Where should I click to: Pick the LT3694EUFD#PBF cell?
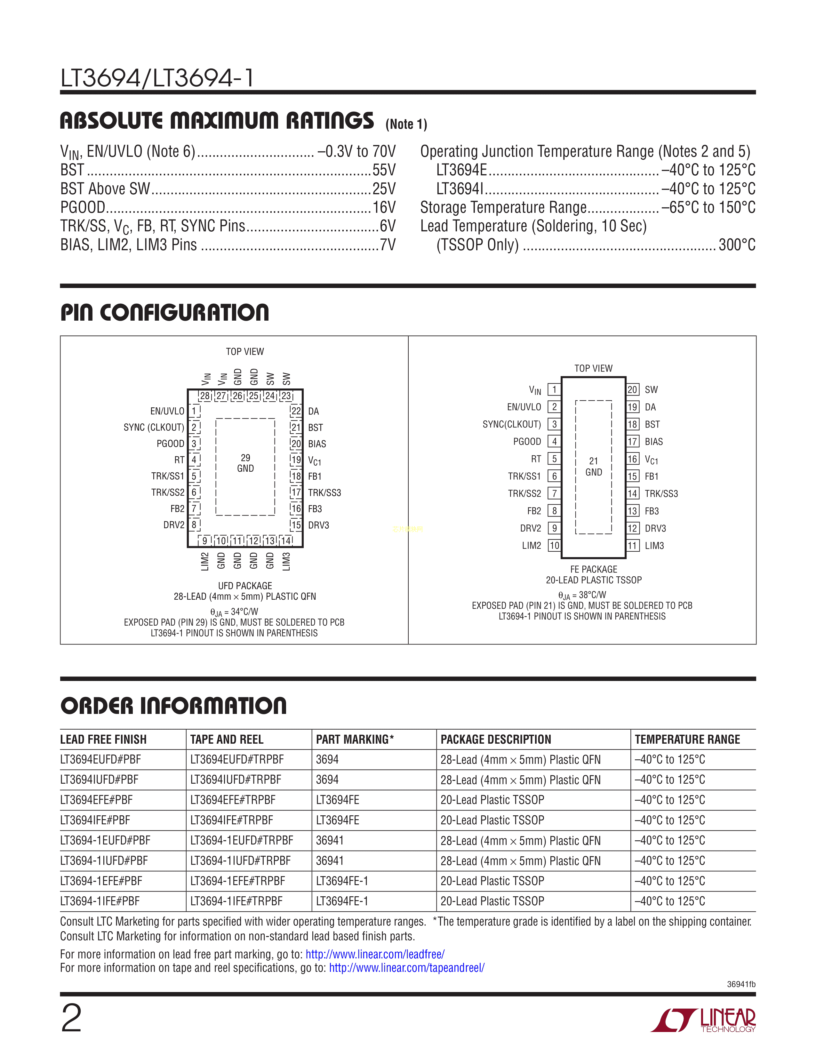pyautogui.click(x=100, y=760)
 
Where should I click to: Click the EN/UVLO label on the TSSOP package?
pyautogui.click(x=524, y=407)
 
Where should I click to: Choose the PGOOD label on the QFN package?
pyautogui.click(x=170, y=444)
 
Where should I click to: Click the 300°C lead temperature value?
pyautogui.click(x=737, y=245)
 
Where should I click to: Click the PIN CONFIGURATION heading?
pyautogui.click(x=165, y=312)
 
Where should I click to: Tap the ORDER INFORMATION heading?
pyautogui.click(x=173, y=706)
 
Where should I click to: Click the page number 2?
pyautogui.click(x=72, y=1018)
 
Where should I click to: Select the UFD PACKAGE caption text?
pyautogui.click(x=245, y=586)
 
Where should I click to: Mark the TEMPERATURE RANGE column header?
pyautogui.click(x=687, y=739)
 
